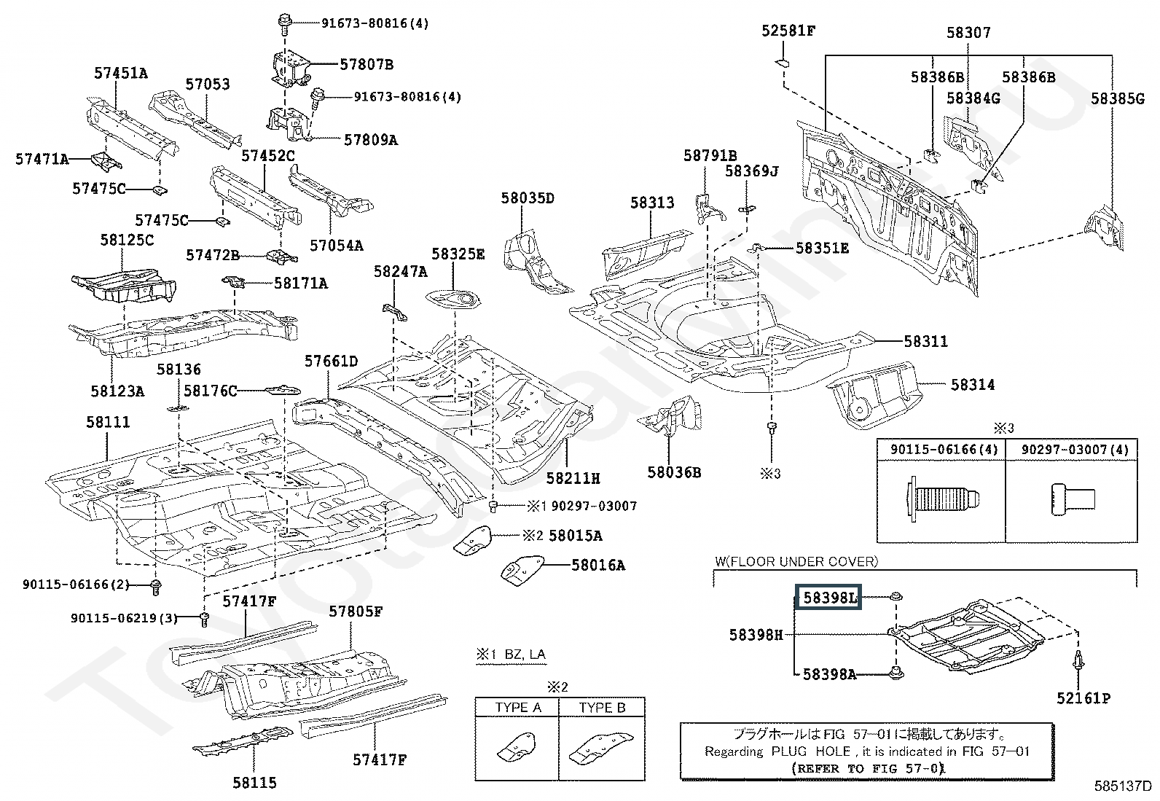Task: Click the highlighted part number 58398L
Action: tap(828, 598)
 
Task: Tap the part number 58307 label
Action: tap(968, 33)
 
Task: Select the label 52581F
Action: tap(788, 31)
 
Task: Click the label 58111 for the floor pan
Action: tap(108, 422)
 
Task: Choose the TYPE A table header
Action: tap(517, 708)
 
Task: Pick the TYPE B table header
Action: tap(603, 708)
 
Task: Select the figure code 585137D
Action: tap(1123, 786)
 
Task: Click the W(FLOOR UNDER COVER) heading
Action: tap(796, 562)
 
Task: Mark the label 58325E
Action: tap(458, 254)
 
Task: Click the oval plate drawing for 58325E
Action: tap(453, 300)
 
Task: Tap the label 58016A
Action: tap(598, 566)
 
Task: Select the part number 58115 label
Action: tap(254, 783)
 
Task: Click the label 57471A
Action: tap(42, 159)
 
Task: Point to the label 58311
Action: tap(926, 341)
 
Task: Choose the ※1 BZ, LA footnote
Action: tap(511, 655)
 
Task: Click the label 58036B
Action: tap(674, 472)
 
